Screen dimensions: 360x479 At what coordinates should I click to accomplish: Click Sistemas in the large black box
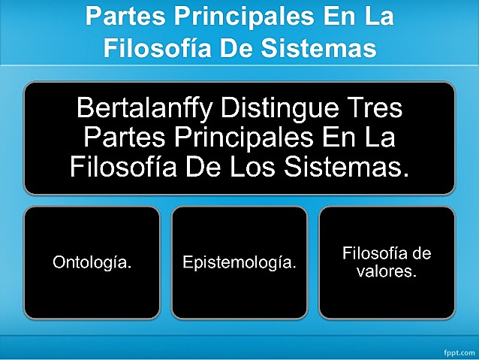353,165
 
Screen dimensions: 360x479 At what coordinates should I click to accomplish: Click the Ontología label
92,263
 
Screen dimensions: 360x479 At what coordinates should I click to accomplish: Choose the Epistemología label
239,263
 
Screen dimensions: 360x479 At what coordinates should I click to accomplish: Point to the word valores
387,271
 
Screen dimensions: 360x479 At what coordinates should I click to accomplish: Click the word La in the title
378,16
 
